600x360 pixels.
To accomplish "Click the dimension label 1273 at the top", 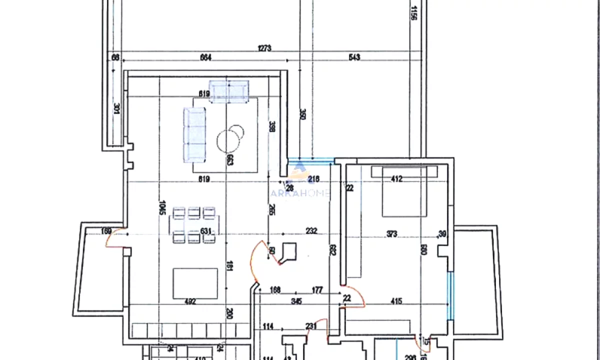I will pyautogui.click(x=264, y=48).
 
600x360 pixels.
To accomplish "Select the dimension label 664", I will pyautogui.click(x=205, y=57).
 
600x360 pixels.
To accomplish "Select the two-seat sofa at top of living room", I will pyautogui.click(x=228, y=91).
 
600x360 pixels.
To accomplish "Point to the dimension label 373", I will pyautogui.click(x=391, y=232).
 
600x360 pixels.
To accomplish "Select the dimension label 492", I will pyautogui.click(x=189, y=301).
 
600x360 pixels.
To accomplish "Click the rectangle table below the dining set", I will pyautogui.click(x=195, y=282).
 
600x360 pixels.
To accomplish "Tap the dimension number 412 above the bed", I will pyautogui.click(x=397, y=178).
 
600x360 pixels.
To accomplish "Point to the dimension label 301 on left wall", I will pyautogui.click(x=116, y=108).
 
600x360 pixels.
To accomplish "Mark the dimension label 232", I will pyautogui.click(x=311, y=231).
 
